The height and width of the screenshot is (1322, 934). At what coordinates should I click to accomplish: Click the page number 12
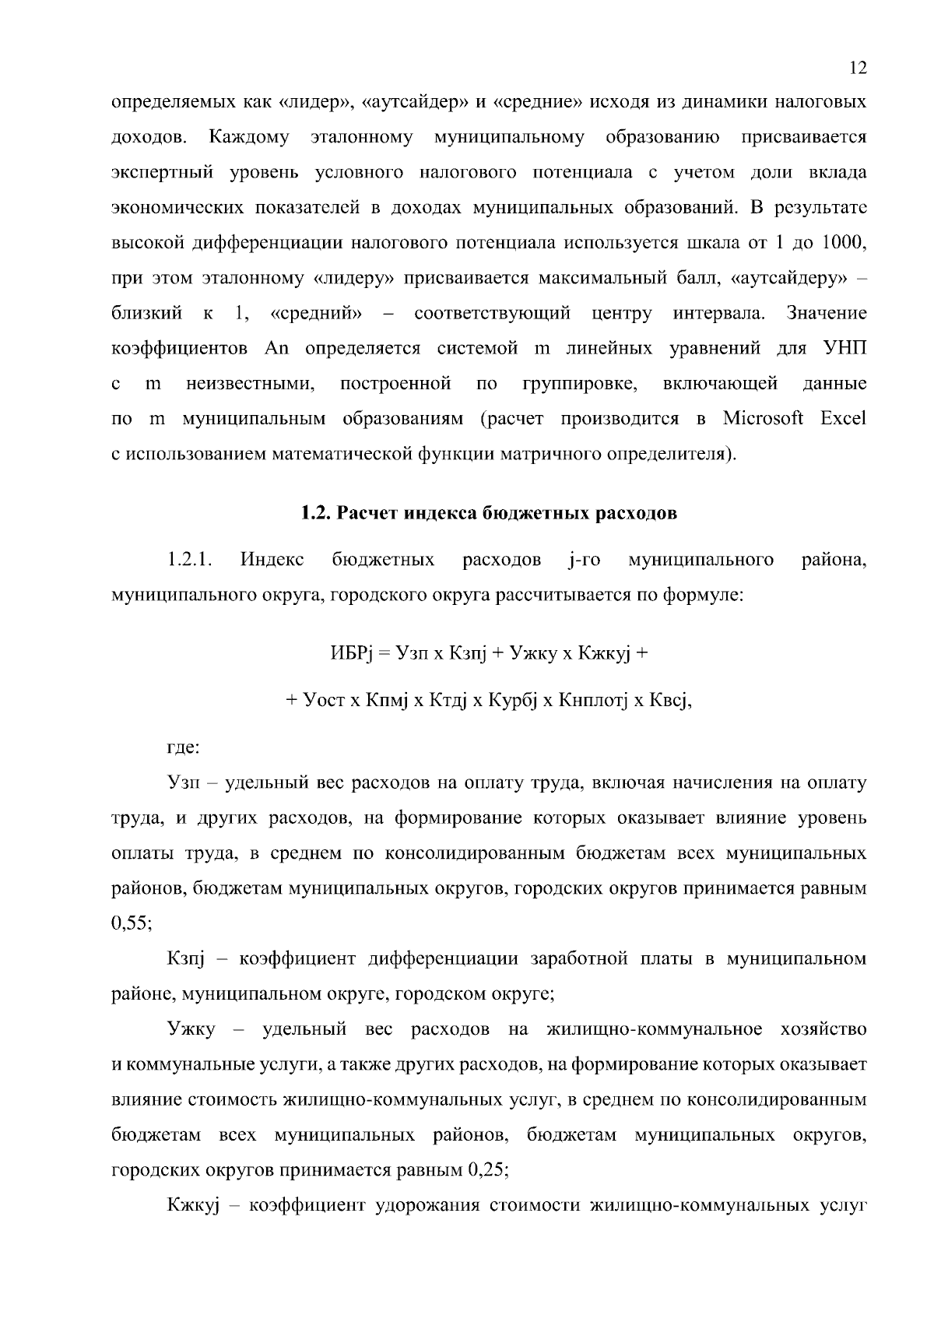[x=857, y=68]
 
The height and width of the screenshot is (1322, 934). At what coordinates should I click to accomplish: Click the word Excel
[x=843, y=419]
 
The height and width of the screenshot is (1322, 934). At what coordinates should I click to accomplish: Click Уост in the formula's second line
[x=321, y=700]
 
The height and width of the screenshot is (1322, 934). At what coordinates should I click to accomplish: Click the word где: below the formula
[x=184, y=748]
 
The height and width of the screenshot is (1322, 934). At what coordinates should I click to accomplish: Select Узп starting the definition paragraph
[x=184, y=783]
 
